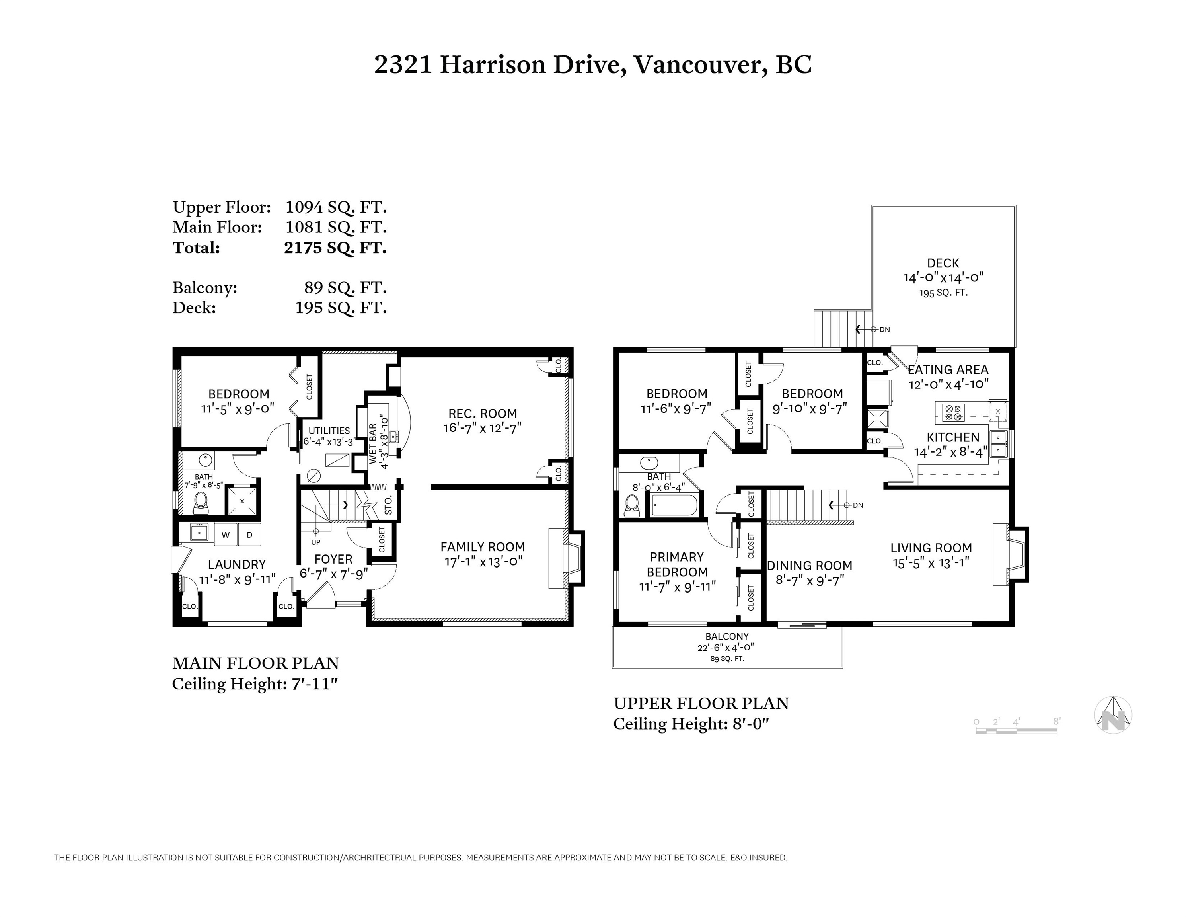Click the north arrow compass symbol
[x=1113, y=715]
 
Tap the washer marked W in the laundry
[x=225, y=535]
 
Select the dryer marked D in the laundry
[x=250, y=535]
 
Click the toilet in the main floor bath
[x=201, y=503]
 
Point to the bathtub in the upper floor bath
[x=674, y=505]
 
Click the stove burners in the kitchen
[x=954, y=413]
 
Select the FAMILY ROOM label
[x=482, y=547]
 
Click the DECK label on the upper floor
[x=943, y=263]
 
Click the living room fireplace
[x=1011, y=555]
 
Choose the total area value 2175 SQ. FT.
[x=335, y=248]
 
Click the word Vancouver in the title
[x=701, y=64]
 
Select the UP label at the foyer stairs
[x=315, y=542]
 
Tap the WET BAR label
[x=373, y=443]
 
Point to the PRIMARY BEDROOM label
[x=677, y=564]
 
